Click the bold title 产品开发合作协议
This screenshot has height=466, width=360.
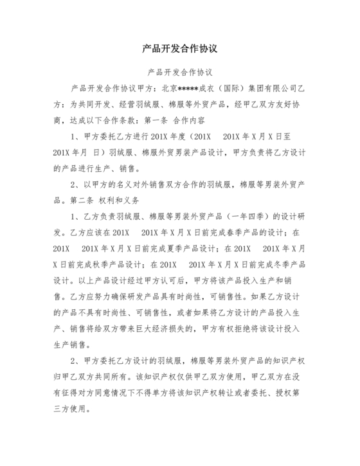click(x=180, y=49)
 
